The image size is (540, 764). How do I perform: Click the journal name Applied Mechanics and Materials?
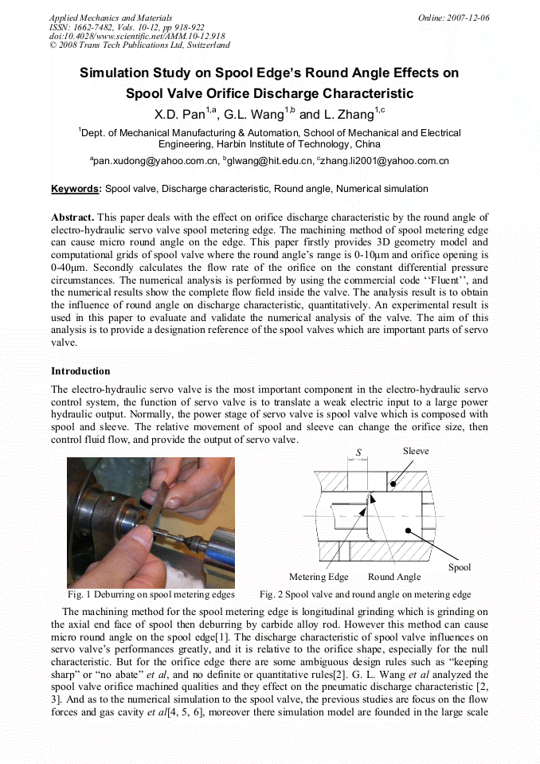(x=110, y=18)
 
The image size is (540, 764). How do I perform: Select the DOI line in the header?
(x=137, y=36)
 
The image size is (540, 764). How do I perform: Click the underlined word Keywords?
(x=76, y=189)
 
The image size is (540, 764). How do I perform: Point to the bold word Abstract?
(x=72, y=217)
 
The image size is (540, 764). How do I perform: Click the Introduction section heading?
(x=80, y=371)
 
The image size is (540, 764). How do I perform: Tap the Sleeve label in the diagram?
(x=415, y=451)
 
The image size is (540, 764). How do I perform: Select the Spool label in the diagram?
(x=460, y=567)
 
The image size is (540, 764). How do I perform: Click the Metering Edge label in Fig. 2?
(x=319, y=577)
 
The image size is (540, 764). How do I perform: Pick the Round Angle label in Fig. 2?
(x=394, y=577)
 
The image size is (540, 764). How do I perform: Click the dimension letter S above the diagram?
(x=358, y=453)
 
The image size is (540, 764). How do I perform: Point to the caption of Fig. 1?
(x=151, y=594)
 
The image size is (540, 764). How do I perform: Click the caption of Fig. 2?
(x=366, y=594)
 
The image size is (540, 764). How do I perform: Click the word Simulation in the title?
(x=117, y=73)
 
